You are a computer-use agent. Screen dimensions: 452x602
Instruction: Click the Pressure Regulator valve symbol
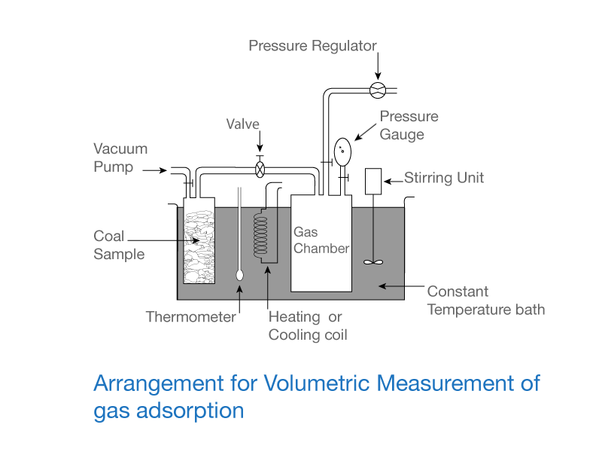click(378, 90)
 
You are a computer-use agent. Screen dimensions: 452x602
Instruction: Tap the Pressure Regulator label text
click(312, 46)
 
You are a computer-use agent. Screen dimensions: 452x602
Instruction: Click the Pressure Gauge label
click(409, 126)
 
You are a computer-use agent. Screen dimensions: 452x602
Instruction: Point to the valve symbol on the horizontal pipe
click(260, 169)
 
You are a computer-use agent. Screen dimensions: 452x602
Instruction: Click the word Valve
click(243, 124)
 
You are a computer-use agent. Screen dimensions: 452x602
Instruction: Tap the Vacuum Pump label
click(120, 157)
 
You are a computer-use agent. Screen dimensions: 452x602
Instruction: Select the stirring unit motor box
click(374, 180)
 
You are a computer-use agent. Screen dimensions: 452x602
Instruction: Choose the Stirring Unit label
click(444, 179)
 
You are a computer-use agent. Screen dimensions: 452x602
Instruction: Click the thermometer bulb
click(239, 275)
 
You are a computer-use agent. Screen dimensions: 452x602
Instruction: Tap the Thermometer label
click(191, 317)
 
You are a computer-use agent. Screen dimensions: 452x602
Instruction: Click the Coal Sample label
click(118, 245)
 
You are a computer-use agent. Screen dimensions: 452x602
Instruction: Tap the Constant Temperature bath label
click(485, 301)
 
